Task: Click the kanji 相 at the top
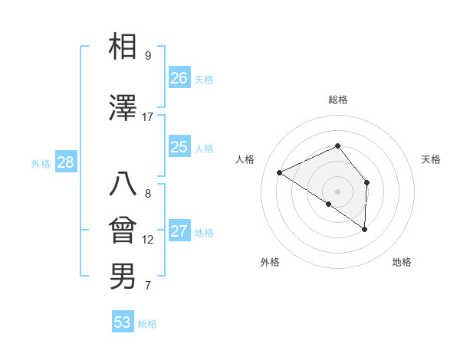point(123,47)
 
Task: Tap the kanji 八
point(123,185)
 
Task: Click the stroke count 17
point(148,117)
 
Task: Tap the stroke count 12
point(148,240)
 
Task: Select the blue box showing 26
point(179,77)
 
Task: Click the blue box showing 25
point(179,147)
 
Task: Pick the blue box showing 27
point(179,231)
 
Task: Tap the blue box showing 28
point(65,162)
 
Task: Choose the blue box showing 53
point(123,322)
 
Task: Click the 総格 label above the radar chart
point(337,100)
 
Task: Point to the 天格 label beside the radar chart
point(431,159)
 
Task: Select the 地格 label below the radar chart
point(402,262)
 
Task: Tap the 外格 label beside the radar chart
point(270,262)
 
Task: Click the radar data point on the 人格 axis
point(280,172)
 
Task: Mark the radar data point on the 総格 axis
point(337,146)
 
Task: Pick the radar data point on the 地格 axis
point(365,229)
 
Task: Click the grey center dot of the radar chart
point(337,191)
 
